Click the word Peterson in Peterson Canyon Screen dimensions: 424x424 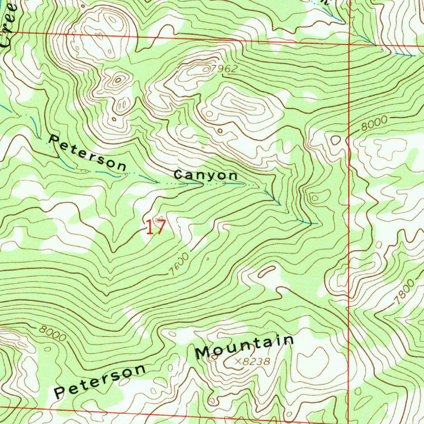pos(87,153)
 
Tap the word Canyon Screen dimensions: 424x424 pos(205,175)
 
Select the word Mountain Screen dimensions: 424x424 pos(245,347)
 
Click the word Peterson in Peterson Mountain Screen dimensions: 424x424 pos(101,381)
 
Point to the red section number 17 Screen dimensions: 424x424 pos(156,227)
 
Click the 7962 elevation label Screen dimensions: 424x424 pos(223,69)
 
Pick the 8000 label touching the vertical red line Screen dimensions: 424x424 pos(373,123)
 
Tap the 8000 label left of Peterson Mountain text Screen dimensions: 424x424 pos(53,333)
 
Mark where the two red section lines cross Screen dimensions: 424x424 pos(349,43)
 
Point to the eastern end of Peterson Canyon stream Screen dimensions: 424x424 pos(317,224)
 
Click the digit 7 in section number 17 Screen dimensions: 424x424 pos(160,227)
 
